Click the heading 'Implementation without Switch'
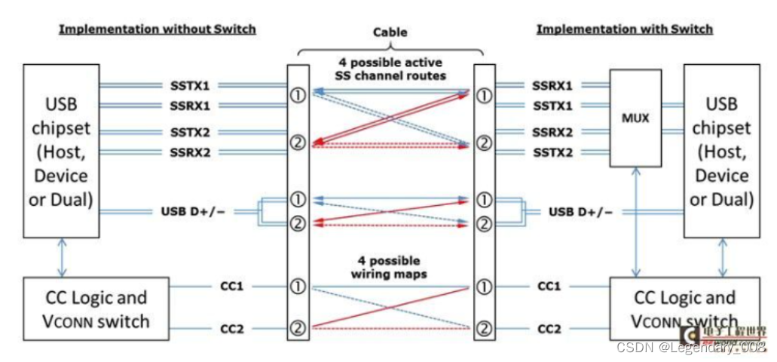pos(158,29)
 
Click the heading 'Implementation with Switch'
pos(624,29)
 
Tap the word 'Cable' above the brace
pos(390,32)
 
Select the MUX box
pos(635,118)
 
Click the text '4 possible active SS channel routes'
pos(390,70)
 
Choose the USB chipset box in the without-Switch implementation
pos(61,150)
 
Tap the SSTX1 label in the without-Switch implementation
pos(189,85)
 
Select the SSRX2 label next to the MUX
pos(552,132)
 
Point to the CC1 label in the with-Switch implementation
pos(549,287)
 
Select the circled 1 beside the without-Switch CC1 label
pos(298,287)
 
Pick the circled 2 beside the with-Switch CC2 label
pos(484,328)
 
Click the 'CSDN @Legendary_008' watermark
pos(691,347)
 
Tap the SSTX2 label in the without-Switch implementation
pos(189,132)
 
